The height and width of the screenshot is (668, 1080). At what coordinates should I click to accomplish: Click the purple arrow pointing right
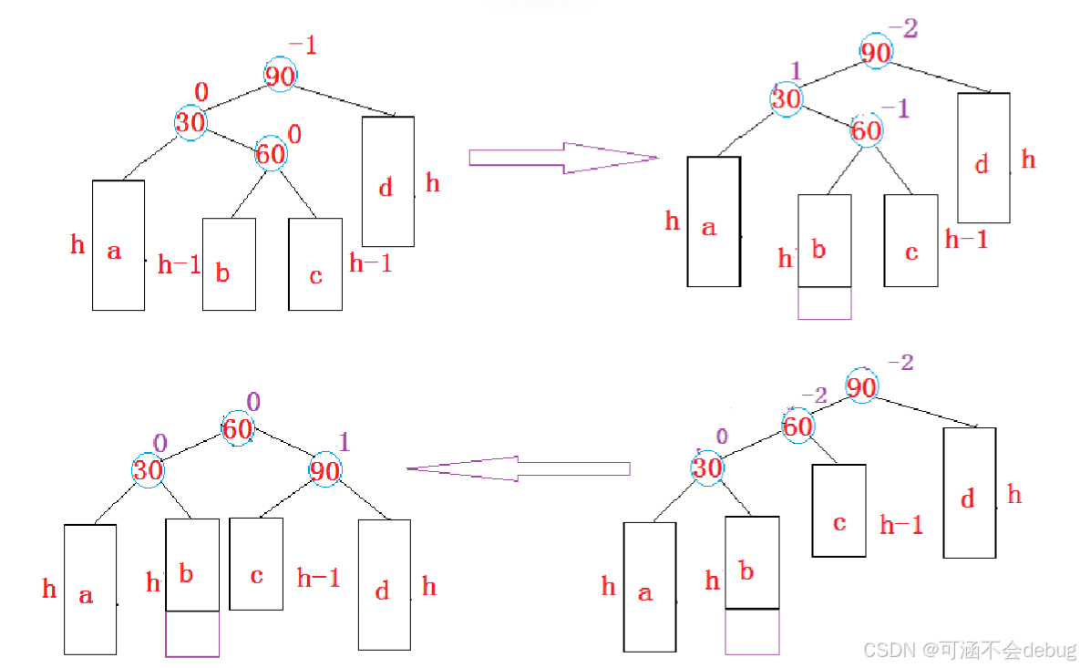562,158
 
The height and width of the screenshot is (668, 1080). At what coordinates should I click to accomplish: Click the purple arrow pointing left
518,468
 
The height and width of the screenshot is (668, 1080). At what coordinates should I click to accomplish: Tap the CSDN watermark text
969,649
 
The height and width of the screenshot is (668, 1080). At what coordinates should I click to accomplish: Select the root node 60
238,427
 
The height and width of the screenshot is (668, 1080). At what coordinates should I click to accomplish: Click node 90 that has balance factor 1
324,471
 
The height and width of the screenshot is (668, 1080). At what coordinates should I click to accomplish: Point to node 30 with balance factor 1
786,98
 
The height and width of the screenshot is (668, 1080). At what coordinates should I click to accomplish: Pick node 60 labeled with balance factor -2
797,426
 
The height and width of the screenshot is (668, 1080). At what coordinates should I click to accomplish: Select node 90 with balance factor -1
280,76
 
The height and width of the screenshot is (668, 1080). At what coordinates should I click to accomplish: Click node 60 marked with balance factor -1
866,130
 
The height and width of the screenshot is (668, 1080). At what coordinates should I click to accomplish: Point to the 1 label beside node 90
344,443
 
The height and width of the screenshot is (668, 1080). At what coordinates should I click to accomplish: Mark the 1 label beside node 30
795,71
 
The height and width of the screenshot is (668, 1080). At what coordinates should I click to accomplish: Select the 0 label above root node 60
253,402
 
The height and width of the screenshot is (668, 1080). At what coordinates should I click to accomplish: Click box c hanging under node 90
256,563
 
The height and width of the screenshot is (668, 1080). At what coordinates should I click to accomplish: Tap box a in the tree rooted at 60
89,589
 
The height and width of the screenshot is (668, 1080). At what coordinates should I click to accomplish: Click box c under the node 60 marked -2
838,510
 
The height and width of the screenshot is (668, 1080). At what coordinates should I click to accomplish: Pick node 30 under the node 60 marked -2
706,468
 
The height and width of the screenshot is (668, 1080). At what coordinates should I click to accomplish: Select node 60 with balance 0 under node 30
271,154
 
